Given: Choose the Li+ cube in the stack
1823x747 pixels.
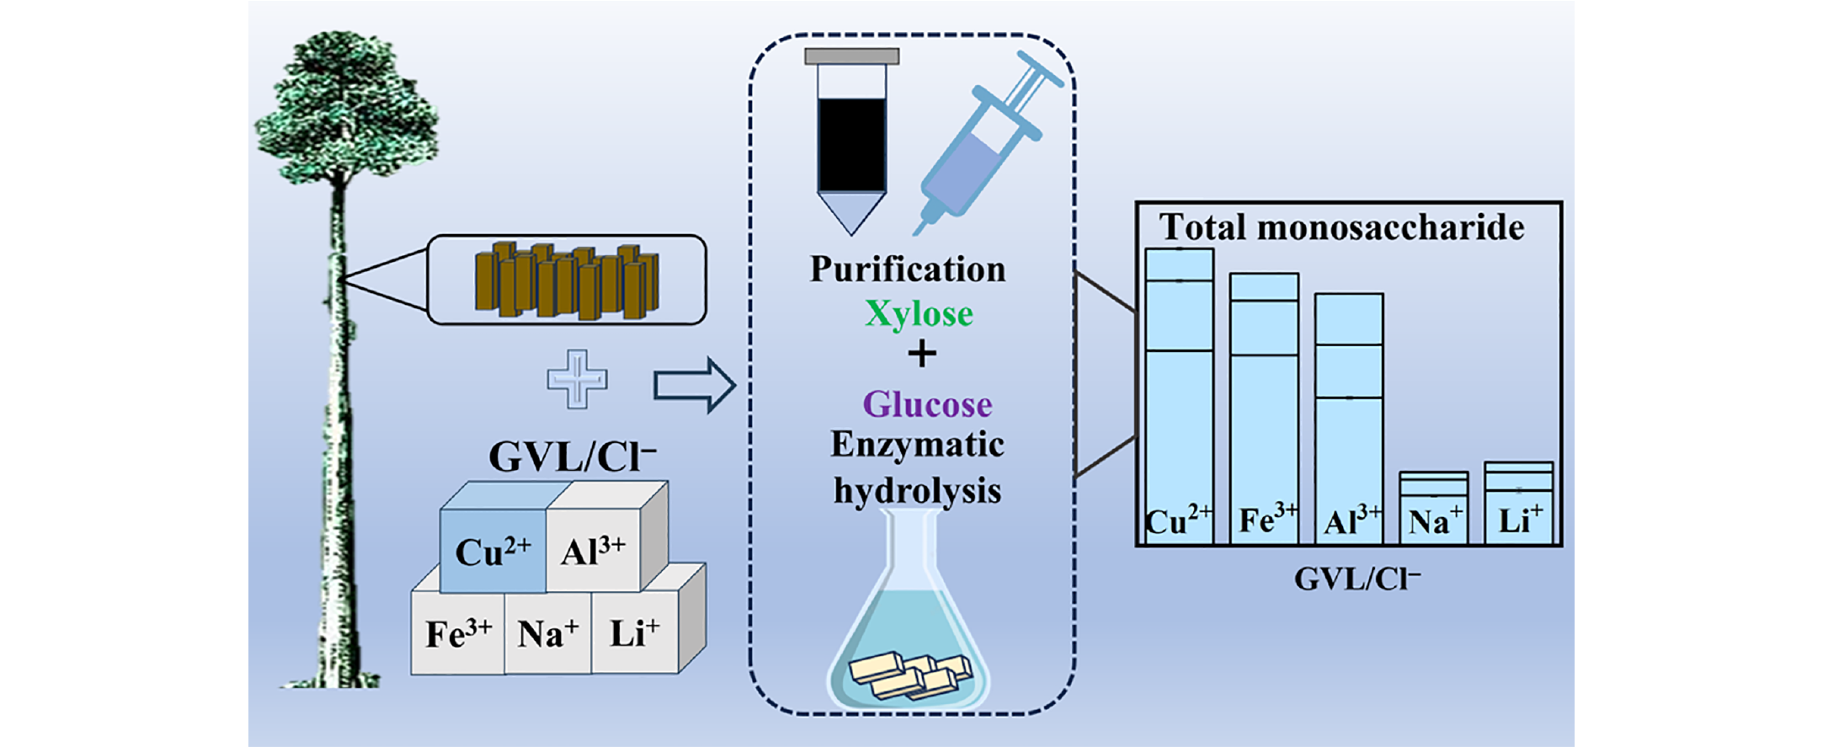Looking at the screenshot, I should [634, 632].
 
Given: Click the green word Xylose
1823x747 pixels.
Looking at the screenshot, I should [919, 314].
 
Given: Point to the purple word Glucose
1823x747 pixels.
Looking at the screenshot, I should [927, 404].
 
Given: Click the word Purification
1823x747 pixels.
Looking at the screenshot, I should [908, 269].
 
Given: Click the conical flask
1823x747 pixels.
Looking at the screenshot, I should [909, 623].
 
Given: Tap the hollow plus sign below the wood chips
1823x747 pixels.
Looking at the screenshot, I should [577, 379].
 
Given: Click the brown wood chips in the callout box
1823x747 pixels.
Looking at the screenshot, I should [567, 280].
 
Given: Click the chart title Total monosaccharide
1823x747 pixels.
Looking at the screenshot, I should [1341, 227].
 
